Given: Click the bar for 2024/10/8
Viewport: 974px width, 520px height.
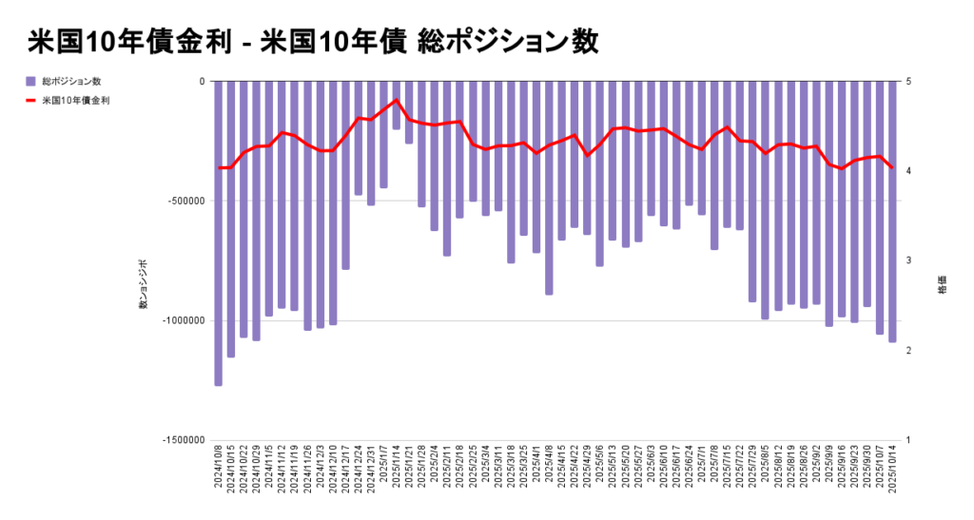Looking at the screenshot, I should point(218,233).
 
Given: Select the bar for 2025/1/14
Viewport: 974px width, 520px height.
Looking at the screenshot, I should point(397,105).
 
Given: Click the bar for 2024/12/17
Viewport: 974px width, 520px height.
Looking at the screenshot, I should point(345,175).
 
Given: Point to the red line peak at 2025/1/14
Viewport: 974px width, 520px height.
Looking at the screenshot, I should point(397,100).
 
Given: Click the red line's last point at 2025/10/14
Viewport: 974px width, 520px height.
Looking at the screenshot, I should point(892,168).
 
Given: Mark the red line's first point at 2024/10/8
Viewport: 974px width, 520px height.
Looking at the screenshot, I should point(219,168).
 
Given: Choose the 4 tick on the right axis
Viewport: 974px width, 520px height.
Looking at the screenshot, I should point(909,171).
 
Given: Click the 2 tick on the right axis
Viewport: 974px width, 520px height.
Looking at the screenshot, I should point(909,351).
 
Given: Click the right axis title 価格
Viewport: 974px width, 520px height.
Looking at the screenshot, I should point(942,285).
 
